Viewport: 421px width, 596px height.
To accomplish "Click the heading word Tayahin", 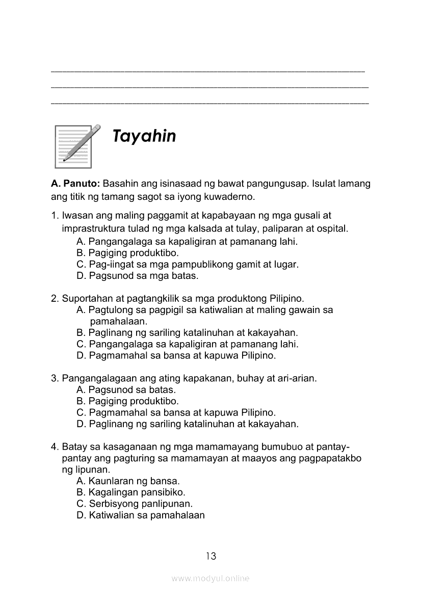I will [x=144, y=137].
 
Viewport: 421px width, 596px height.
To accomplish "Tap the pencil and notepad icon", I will [x=76, y=146].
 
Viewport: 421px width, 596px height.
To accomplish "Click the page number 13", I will [x=210, y=556].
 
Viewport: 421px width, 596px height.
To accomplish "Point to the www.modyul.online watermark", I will [x=210, y=579].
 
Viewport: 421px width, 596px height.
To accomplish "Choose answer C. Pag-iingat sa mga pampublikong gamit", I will [x=187, y=265].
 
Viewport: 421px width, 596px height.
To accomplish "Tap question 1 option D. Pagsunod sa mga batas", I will [x=137, y=276].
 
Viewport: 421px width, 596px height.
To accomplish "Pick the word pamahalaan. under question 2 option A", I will [x=118, y=322].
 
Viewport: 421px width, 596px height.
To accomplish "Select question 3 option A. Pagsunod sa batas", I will [x=126, y=390].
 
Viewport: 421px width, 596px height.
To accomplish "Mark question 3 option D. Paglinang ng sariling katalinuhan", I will [x=187, y=424].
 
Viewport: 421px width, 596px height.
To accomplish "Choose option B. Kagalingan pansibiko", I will [x=130, y=493].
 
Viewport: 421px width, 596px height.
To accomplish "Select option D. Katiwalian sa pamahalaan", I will [x=140, y=515].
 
